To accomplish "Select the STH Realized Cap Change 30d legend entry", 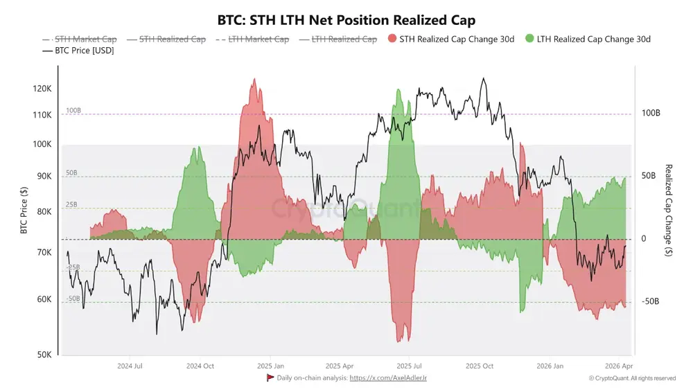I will point(451,39).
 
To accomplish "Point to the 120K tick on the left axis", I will point(42,89).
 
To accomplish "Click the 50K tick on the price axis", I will point(44,355).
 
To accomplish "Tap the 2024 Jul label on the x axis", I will point(130,366).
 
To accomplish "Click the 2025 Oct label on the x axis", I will point(479,366).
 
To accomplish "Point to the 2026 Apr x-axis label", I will point(618,366).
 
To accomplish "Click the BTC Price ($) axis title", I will point(24,211).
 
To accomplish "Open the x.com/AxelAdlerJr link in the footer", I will point(388,378).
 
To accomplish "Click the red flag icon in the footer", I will point(270,378).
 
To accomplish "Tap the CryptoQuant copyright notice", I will point(632,378).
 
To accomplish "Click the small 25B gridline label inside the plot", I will point(72,205).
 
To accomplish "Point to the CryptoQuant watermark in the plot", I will point(344,208).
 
